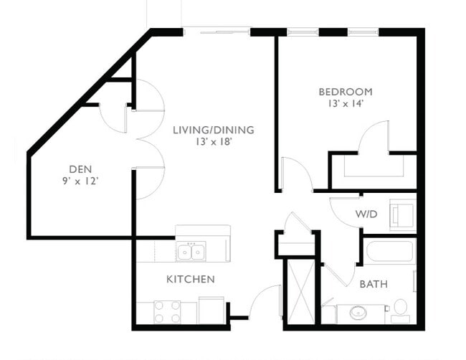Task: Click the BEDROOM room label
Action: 346,92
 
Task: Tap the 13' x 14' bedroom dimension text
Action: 346,104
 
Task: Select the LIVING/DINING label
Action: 213,130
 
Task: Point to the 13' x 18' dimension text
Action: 213,142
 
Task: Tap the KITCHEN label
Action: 190,279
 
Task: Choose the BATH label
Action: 374,284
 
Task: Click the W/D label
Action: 367,214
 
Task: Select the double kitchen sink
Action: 191,251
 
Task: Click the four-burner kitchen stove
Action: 167,312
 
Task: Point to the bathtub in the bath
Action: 389,252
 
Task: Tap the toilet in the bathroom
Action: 400,309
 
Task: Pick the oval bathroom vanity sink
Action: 356,313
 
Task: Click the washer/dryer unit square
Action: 401,214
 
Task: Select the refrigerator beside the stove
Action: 211,311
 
